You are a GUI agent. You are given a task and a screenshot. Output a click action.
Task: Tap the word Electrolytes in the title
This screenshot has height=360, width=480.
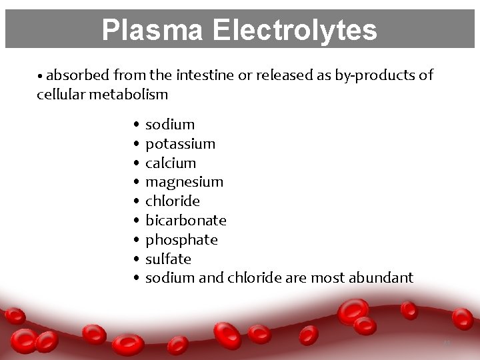(x=295, y=30)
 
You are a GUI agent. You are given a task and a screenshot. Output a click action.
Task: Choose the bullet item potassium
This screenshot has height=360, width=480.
(x=180, y=143)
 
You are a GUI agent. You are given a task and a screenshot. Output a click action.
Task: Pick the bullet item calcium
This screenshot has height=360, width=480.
(x=171, y=163)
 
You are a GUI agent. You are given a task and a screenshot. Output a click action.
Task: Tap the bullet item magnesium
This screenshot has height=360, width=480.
(x=184, y=182)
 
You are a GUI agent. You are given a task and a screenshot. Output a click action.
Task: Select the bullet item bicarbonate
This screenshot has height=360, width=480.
(x=185, y=220)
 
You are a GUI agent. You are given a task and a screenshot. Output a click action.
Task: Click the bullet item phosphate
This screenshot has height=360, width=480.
(x=181, y=239)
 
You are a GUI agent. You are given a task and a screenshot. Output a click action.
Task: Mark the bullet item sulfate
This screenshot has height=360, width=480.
(x=168, y=259)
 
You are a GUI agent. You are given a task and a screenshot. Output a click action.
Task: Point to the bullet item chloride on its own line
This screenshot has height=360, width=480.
(x=172, y=201)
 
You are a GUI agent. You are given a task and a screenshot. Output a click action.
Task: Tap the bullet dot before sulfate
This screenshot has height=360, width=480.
(x=135, y=259)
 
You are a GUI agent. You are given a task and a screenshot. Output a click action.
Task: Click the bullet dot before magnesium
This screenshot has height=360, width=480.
(x=135, y=182)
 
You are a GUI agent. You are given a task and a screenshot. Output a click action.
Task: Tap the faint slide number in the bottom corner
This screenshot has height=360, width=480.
(x=447, y=343)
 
